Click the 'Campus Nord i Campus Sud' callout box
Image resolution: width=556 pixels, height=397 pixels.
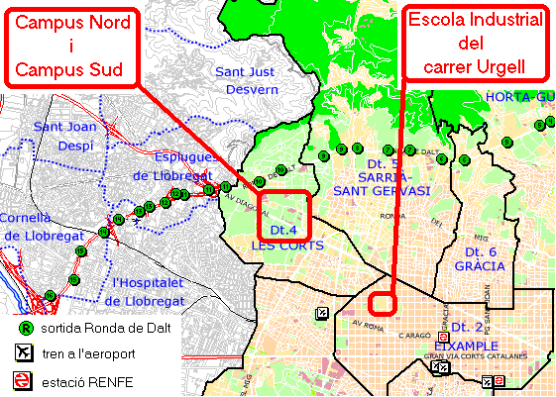(x=69, y=49)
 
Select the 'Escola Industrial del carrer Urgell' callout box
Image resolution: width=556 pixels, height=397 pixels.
(x=476, y=44)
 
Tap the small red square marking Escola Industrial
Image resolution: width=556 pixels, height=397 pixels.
(x=382, y=301)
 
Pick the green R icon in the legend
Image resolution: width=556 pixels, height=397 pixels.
(x=24, y=328)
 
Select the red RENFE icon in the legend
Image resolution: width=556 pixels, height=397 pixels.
(x=24, y=379)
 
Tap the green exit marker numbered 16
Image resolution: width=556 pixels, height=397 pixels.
(x=48, y=294)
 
